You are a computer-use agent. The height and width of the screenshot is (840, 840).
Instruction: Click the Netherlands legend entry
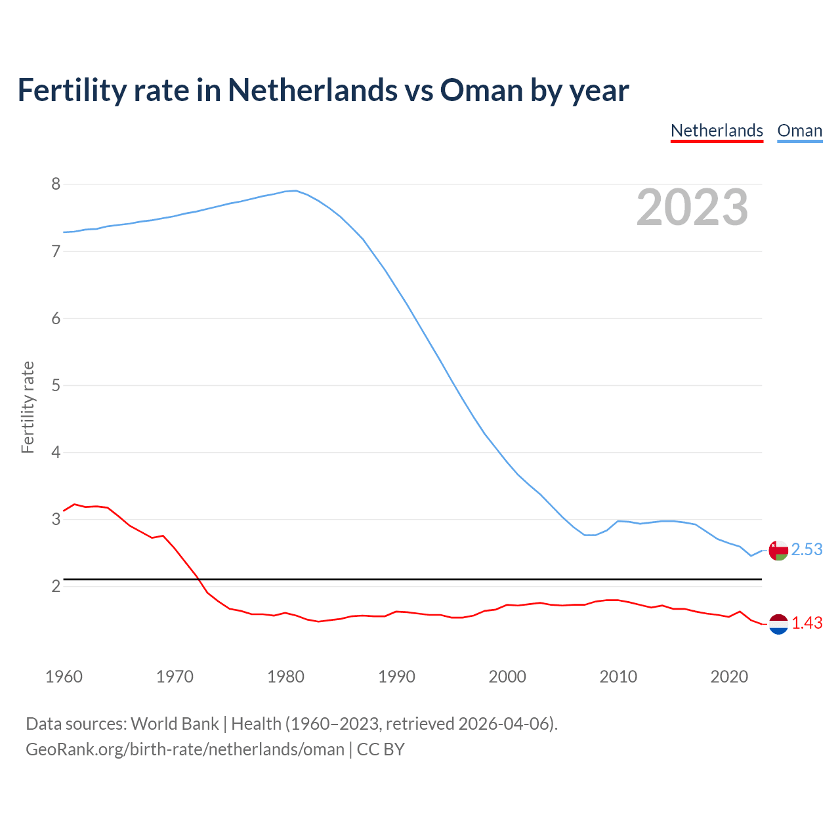click(717, 131)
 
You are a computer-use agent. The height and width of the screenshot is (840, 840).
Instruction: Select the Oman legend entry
click(799, 131)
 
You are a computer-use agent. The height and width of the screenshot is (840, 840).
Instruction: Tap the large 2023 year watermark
click(692, 207)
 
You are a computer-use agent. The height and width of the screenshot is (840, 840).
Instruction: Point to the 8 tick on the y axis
click(56, 184)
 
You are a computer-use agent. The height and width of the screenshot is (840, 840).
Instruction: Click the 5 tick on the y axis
click(56, 385)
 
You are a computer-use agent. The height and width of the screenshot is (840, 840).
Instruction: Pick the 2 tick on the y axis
click(56, 586)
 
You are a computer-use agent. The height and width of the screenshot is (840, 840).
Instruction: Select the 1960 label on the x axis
click(64, 677)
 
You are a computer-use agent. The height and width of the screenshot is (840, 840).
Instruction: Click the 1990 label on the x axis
click(396, 677)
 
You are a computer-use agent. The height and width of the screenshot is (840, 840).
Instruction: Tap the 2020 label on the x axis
click(729, 677)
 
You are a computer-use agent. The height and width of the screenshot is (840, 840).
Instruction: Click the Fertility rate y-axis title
click(28, 407)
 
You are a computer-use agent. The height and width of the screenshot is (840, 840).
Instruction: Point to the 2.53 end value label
click(807, 550)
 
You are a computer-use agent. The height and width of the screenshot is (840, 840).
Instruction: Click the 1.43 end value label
click(807, 623)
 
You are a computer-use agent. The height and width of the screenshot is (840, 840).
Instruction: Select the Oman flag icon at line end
click(778, 551)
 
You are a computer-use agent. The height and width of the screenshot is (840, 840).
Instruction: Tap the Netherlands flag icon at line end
click(778, 624)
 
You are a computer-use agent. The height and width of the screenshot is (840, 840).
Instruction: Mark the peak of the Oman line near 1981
click(296, 191)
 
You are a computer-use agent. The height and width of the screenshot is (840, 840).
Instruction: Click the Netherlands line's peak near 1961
click(74, 504)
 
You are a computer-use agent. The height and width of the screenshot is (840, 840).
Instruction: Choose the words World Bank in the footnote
click(175, 724)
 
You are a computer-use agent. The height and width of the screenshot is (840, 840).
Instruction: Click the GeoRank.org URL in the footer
click(185, 749)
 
